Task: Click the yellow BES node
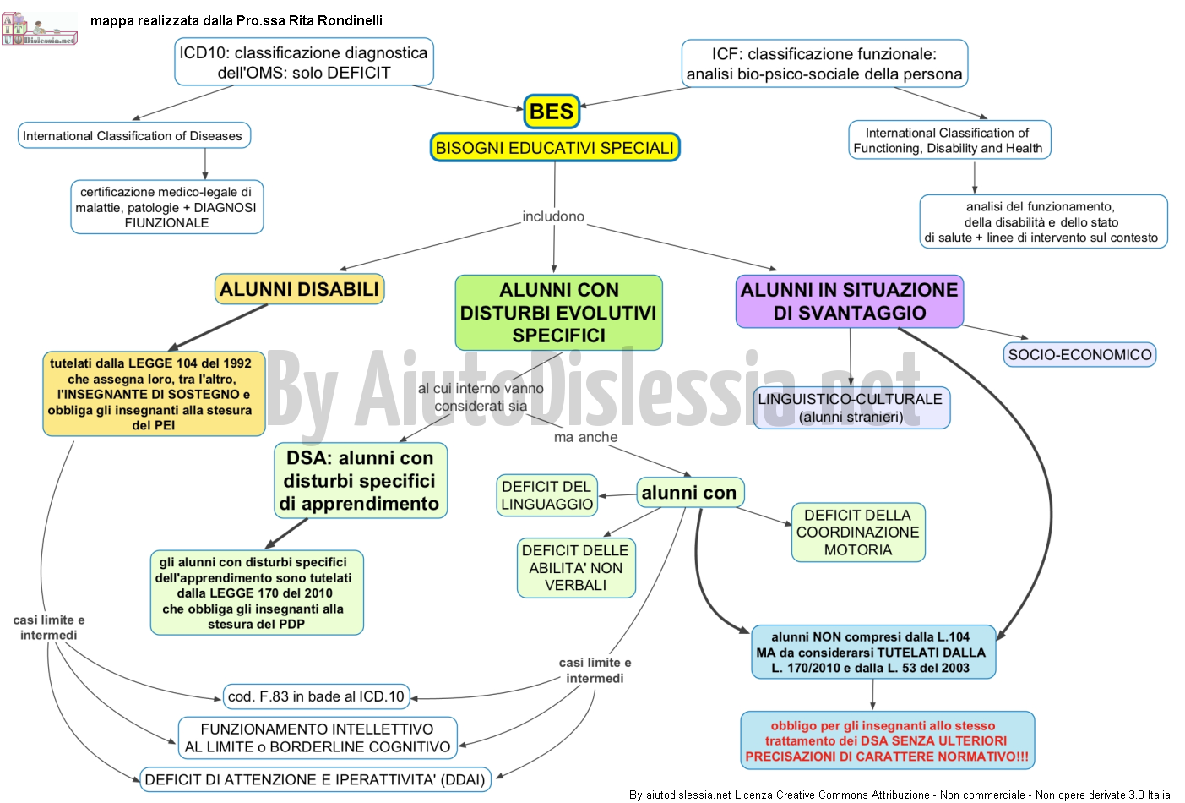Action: coord(552,112)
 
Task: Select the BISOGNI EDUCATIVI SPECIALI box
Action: coord(555,147)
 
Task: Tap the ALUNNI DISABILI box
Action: coord(300,289)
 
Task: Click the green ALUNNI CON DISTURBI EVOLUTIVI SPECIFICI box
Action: coord(558,312)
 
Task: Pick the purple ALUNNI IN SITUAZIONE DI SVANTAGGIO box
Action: coord(850,301)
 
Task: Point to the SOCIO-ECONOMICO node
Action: coord(1079,355)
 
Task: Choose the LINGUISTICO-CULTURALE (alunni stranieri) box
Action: coord(851,407)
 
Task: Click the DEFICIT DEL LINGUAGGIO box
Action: coord(547,495)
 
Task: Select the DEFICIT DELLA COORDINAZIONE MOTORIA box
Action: coord(858,532)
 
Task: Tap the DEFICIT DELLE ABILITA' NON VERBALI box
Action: coord(576,568)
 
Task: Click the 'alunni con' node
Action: coord(690,492)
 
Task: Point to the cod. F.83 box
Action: coord(317,696)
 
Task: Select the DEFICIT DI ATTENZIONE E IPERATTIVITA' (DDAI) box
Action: coord(315,779)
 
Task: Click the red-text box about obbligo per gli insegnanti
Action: coord(887,740)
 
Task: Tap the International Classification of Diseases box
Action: coord(133,135)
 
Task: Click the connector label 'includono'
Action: coord(553,216)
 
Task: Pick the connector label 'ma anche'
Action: coord(585,437)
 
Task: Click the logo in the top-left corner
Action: coord(39,28)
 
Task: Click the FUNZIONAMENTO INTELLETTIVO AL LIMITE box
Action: coord(318,738)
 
